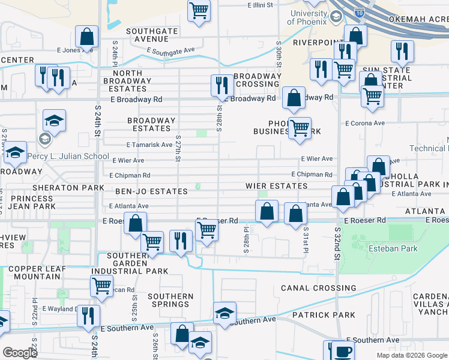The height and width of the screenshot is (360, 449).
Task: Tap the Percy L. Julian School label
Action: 76,139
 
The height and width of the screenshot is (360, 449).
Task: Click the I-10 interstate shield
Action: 359,12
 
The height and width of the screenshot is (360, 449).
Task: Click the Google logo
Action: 20,353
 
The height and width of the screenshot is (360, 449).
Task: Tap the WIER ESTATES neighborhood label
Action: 276,186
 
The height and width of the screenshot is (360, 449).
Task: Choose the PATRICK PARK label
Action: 324,314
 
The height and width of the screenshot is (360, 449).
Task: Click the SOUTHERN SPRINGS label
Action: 170,300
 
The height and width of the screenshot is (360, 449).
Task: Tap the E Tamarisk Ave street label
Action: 149,145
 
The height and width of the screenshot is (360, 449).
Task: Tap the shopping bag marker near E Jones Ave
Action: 87,37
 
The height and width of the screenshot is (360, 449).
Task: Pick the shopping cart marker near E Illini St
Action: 199,11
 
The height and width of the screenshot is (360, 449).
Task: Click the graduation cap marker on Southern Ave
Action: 225,313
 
